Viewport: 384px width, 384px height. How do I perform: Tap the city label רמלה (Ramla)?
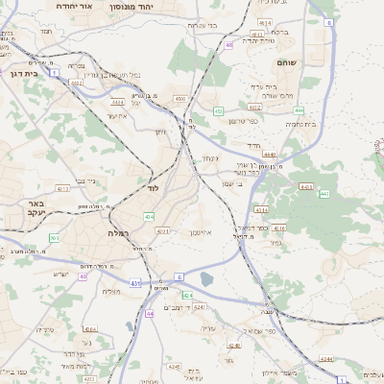[x=116, y=233]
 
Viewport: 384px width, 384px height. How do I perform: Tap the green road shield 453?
[x=219, y=111]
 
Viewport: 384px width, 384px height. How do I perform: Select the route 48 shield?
[x=228, y=44]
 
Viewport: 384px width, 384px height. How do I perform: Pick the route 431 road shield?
[x=136, y=284]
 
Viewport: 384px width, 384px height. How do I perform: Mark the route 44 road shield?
[x=150, y=314]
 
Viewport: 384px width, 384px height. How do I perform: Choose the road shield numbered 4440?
[x=269, y=154]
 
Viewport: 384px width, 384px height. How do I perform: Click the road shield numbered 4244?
[x=326, y=358]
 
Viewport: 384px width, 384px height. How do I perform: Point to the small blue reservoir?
[x=206, y=279]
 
